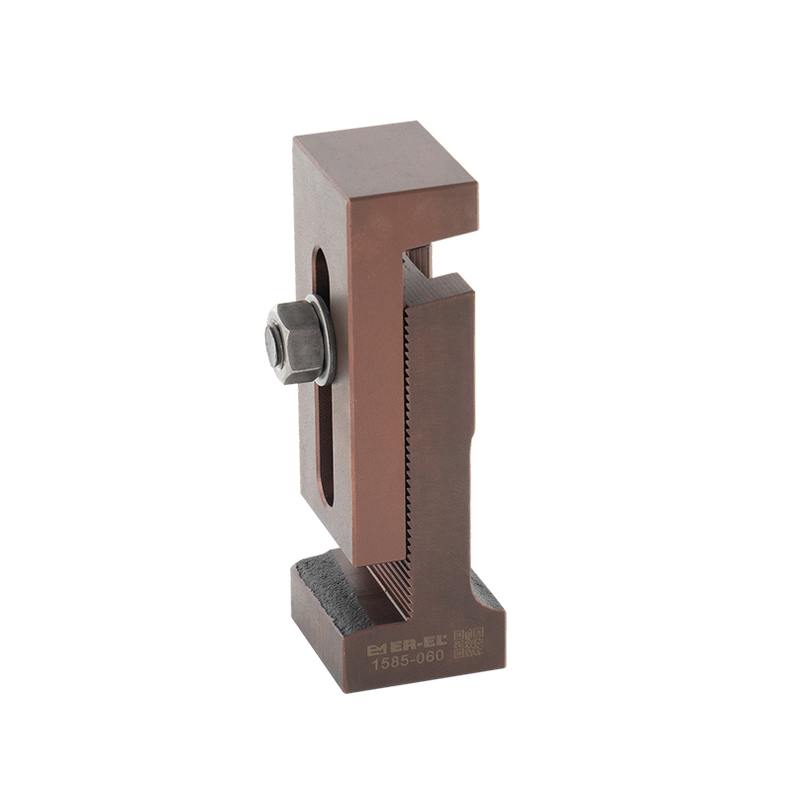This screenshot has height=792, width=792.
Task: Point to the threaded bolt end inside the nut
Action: coord(274,345)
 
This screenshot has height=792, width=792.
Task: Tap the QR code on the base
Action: coord(468,643)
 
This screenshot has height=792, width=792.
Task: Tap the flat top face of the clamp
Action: coord(384,160)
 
